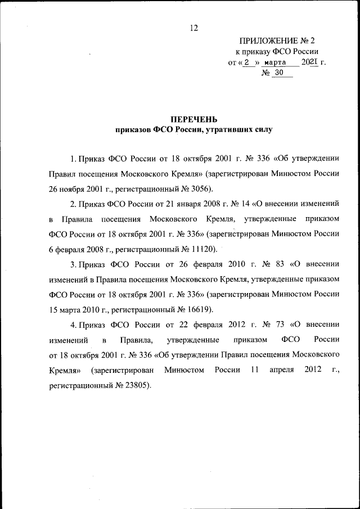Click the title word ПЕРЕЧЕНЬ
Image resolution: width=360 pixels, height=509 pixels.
[x=193, y=119]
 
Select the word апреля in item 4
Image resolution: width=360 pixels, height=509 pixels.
[x=282, y=370]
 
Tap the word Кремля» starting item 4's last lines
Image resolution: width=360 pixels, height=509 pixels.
[x=65, y=370]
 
